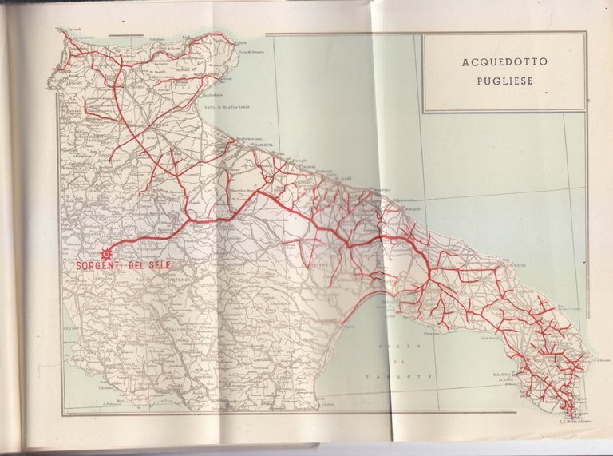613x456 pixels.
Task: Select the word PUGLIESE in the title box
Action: pyautogui.click(x=504, y=80)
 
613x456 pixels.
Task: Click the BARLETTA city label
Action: pyautogui.click(x=263, y=145)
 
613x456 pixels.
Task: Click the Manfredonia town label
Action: pyautogui.click(x=211, y=97)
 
